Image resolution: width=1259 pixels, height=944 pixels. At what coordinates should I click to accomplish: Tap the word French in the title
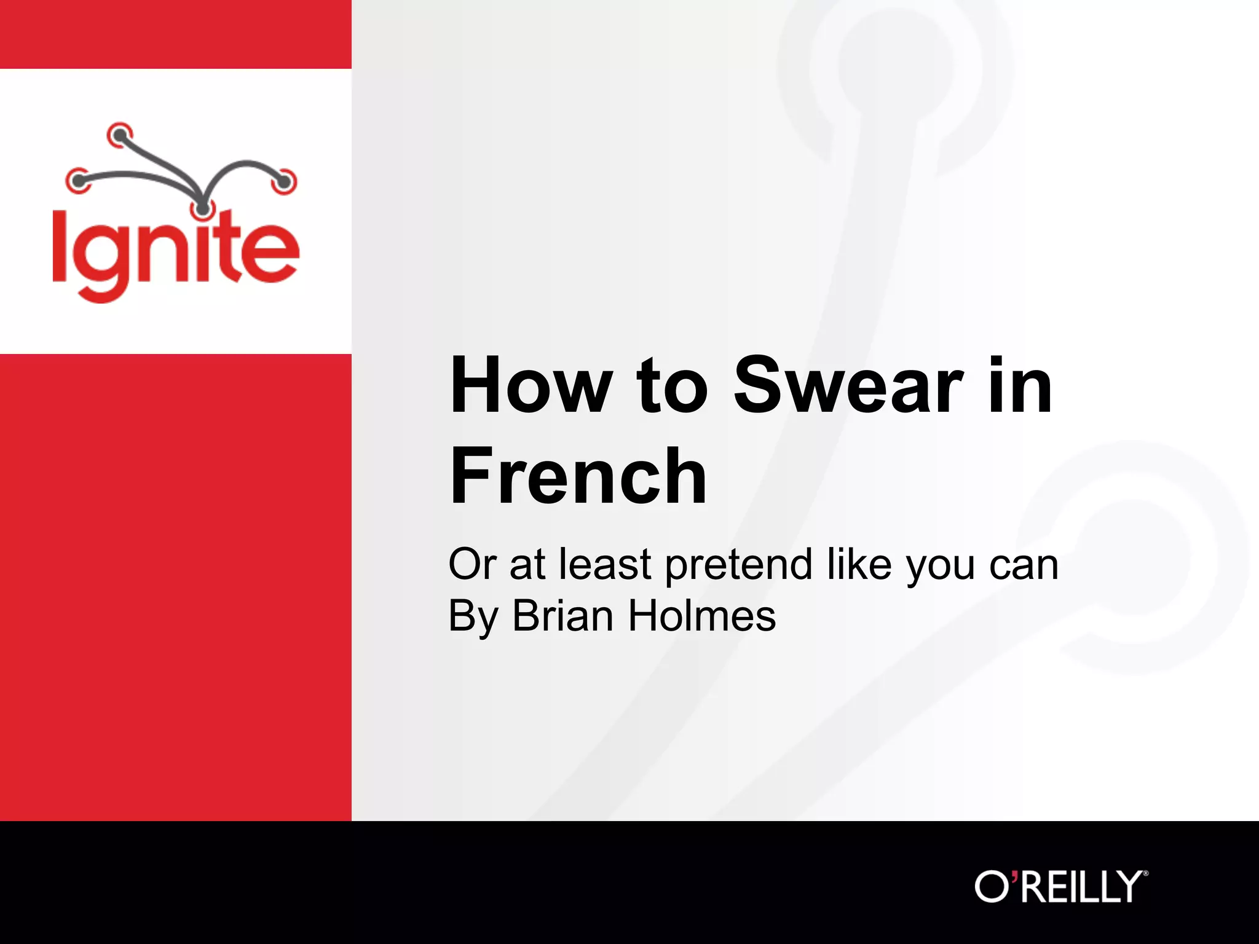578,476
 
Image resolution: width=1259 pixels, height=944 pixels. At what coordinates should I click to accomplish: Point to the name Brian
562,616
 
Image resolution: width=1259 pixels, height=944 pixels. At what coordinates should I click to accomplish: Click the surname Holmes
701,616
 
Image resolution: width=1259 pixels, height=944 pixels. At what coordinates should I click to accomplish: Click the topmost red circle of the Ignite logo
119,134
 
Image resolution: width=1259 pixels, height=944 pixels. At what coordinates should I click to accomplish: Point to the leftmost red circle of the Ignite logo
77,181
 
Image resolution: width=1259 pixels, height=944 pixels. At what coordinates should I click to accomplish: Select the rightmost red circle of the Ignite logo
285,182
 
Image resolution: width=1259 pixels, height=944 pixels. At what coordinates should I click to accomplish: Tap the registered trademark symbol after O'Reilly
1145,873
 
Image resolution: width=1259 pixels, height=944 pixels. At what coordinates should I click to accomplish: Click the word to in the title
673,387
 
